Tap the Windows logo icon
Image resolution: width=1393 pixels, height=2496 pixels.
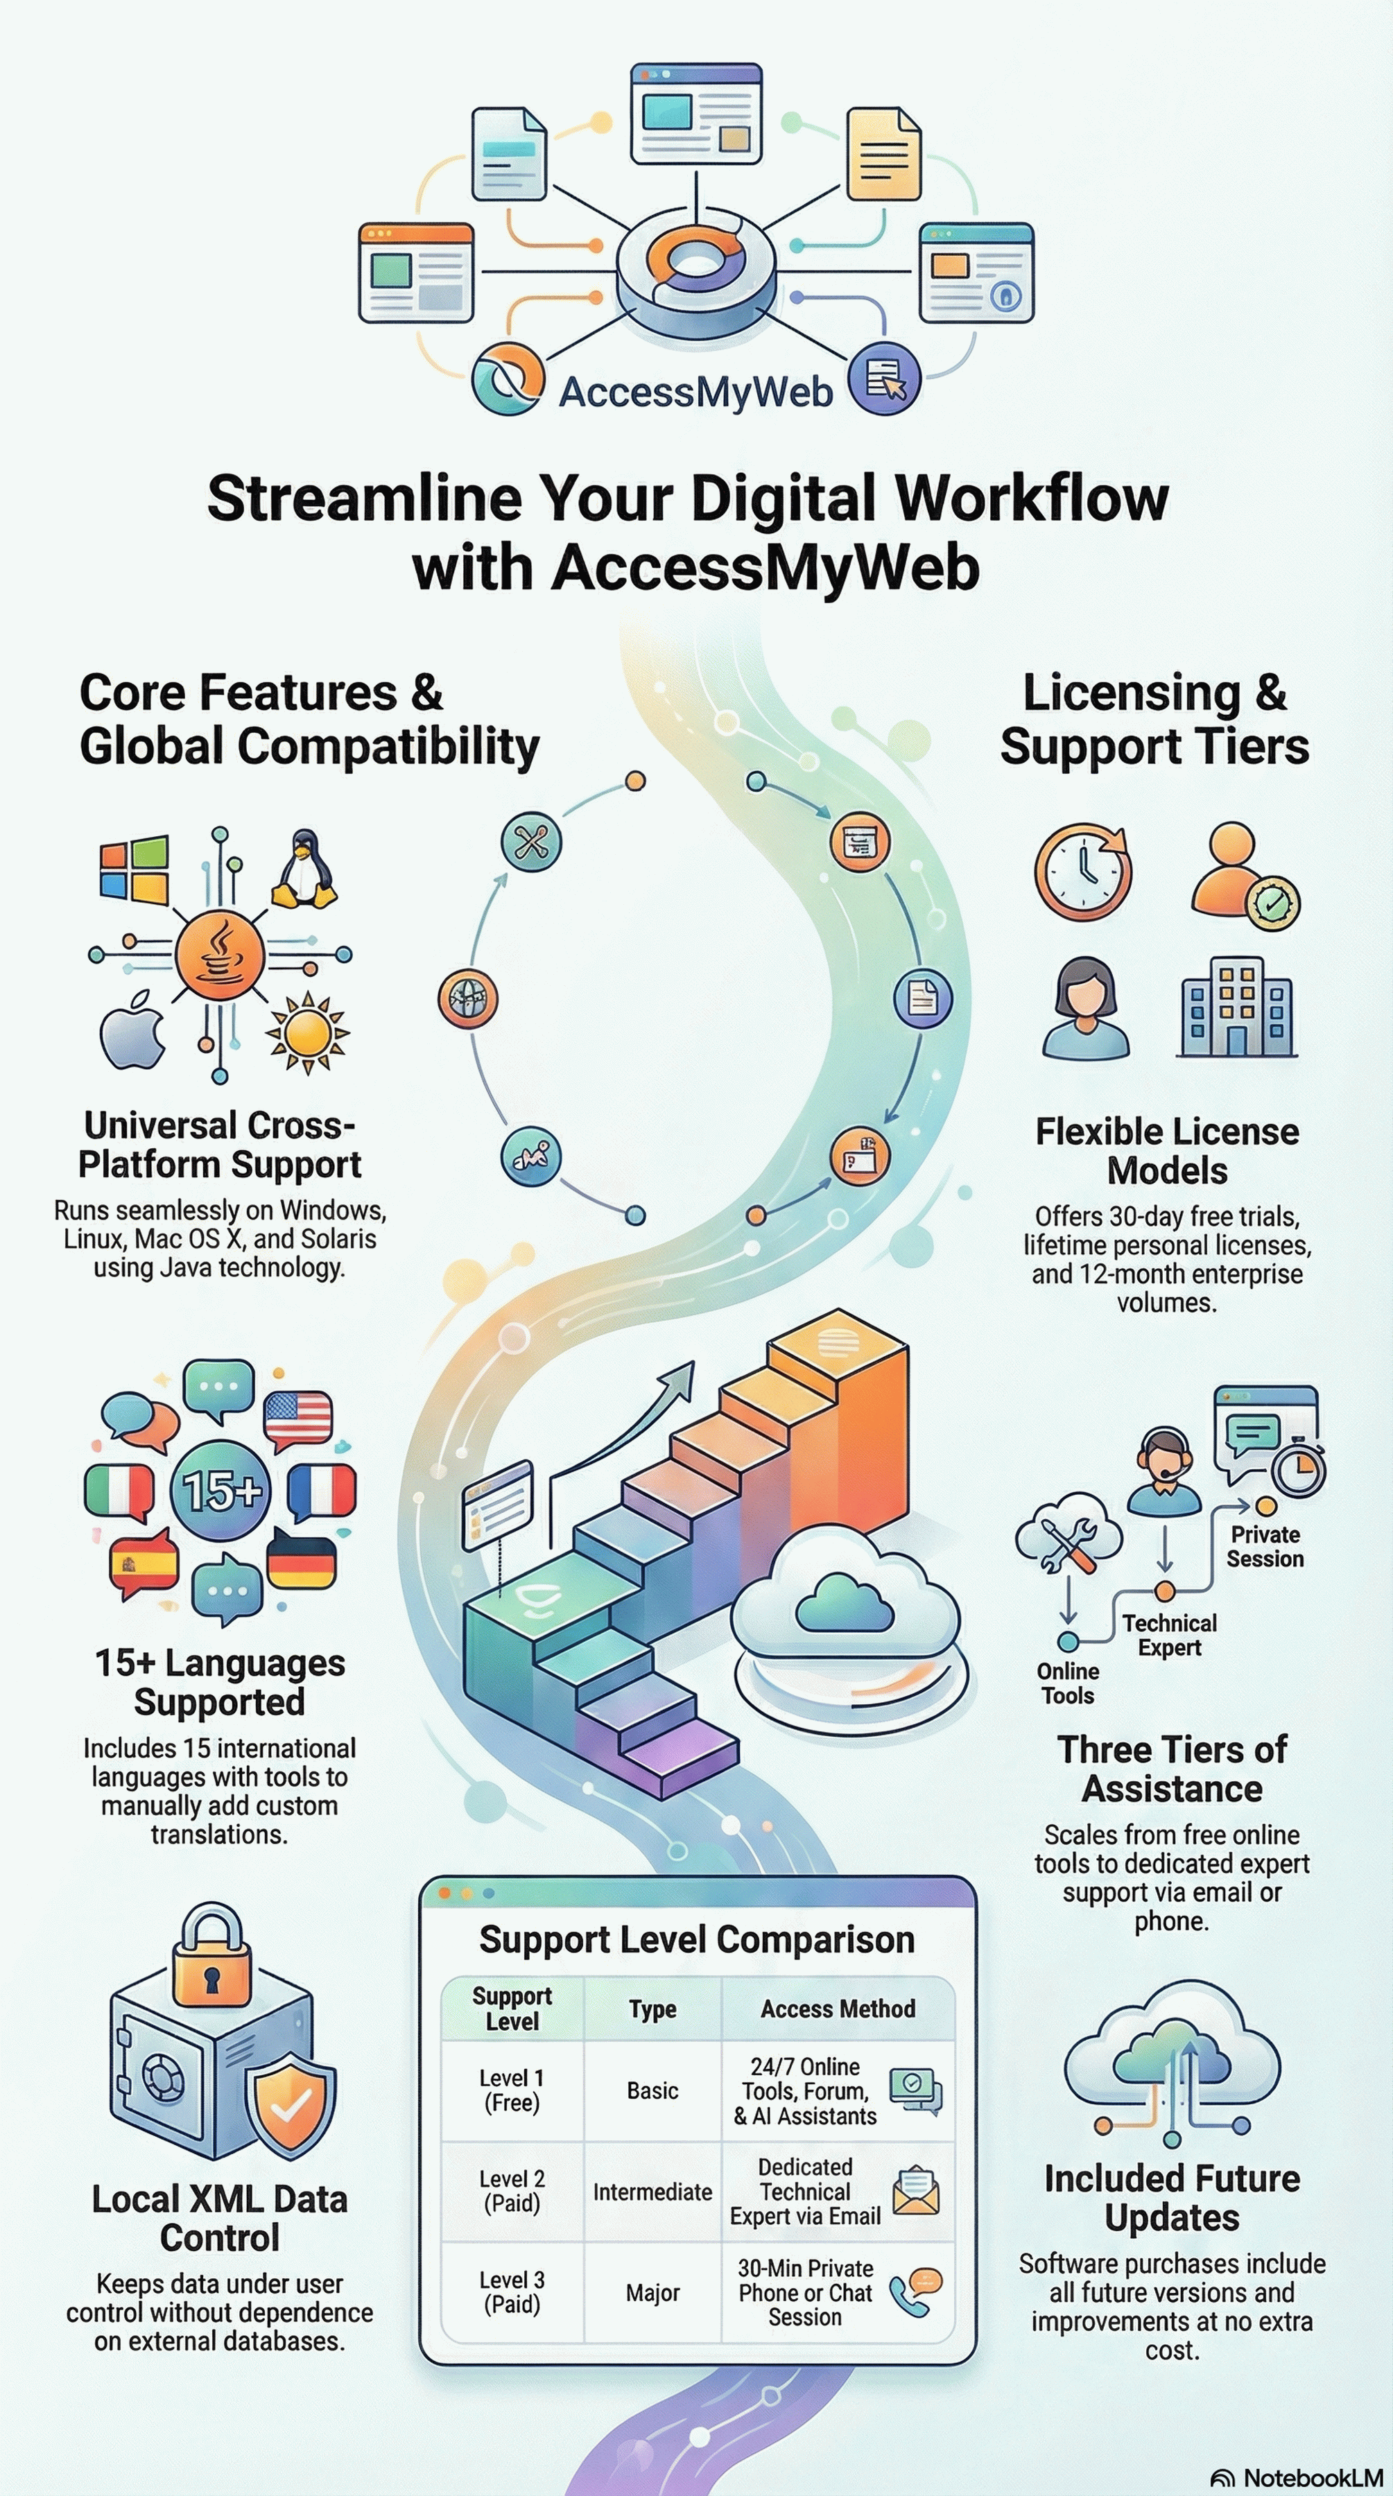(135, 869)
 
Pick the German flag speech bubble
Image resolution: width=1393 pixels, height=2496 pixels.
(301, 1559)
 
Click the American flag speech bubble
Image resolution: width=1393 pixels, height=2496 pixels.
(297, 1419)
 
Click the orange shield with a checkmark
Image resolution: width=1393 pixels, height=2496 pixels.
(290, 2104)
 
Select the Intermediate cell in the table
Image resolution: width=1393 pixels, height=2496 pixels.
(652, 2191)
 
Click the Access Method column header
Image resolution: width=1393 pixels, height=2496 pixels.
(838, 2009)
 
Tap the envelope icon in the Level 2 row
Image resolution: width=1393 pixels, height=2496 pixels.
(915, 2192)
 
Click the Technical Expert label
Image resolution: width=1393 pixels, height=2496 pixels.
(1168, 1635)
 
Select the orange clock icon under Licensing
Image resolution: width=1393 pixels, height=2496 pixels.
(1082, 870)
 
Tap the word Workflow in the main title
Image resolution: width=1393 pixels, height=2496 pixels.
(1032, 499)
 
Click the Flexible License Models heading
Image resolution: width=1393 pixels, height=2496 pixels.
(1166, 1150)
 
